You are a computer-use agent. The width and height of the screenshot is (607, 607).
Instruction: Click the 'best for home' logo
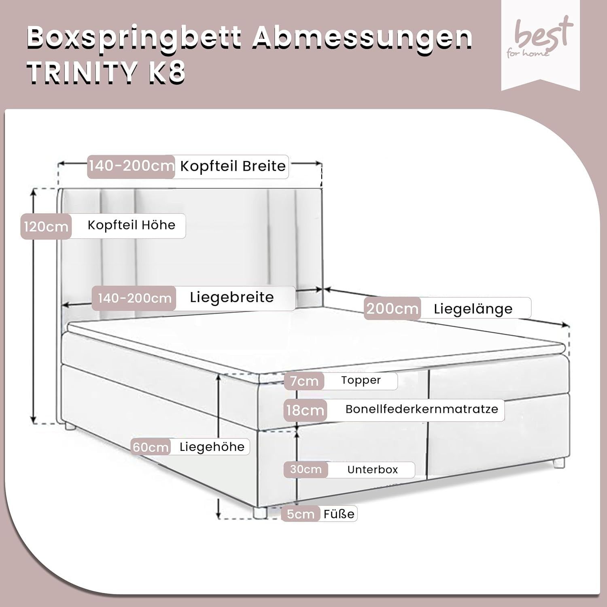click(x=540, y=38)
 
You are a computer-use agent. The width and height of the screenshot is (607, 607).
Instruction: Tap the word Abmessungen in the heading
click(x=364, y=38)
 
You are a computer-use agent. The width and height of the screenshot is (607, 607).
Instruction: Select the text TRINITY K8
click(x=106, y=73)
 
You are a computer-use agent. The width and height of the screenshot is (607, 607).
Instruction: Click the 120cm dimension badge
click(x=46, y=226)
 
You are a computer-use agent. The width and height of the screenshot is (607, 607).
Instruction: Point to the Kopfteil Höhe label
click(x=132, y=225)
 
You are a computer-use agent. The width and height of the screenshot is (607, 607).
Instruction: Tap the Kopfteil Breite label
click(x=233, y=166)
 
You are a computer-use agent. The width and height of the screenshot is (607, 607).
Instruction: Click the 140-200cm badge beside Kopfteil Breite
click(x=131, y=166)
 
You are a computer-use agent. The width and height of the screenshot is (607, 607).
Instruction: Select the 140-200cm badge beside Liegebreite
click(x=134, y=299)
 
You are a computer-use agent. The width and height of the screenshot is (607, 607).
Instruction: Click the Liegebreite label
click(x=232, y=297)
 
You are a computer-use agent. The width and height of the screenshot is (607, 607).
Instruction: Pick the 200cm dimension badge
click(x=392, y=309)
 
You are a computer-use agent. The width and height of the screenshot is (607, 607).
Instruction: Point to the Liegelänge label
click(x=473, y=309)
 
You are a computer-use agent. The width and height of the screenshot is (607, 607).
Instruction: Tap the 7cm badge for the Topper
click(x=304, y=381)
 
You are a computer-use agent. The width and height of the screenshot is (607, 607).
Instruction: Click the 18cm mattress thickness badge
click(x=306, y=410)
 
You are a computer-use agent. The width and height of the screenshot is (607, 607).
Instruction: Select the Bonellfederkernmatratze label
click(x=422, y=409)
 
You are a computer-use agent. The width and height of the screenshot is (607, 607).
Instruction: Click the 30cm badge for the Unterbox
click(x=306, y=469)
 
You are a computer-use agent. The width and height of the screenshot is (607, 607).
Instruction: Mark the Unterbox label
click(x=372, y=470)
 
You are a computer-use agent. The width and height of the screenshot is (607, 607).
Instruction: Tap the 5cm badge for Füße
click(x=301, y=514)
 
